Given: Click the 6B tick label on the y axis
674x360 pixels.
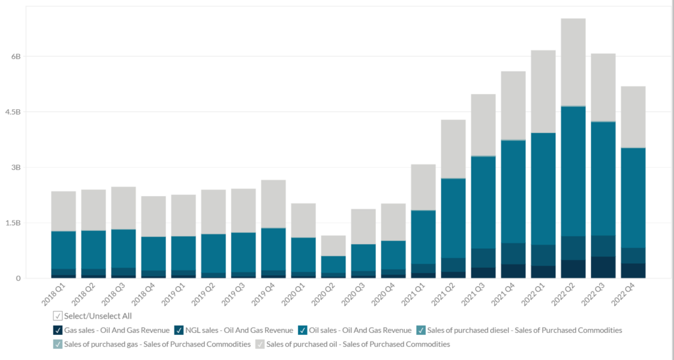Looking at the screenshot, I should coord(16,57).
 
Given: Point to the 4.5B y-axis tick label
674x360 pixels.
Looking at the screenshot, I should coord(13,113).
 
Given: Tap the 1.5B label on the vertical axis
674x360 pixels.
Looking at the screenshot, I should coord(13,223).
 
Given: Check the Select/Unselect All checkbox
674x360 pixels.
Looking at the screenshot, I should coord(58,316).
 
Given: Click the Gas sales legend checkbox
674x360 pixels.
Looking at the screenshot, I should coord(58,330).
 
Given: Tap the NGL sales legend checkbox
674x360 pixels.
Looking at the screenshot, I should coord(180,330).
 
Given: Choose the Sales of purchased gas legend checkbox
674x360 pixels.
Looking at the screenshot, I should coord(58,344).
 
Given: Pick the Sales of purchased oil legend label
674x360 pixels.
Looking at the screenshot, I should coord(359,344).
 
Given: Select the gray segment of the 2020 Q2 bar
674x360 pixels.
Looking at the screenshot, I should coord(333,245).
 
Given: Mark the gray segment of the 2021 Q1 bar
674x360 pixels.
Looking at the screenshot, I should coord(423,187).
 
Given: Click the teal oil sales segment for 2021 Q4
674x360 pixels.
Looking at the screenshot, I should coord(513,192).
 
